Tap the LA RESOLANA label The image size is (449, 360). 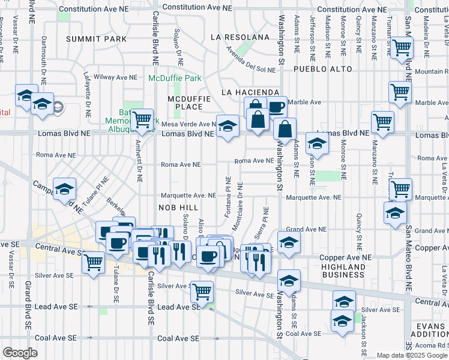coord(240,37)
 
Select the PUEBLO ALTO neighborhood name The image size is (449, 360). coord(321,70)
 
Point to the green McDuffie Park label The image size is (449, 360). coord(175,79)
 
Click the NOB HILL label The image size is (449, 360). coord(174,207)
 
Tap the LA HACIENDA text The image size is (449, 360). coord(250,92)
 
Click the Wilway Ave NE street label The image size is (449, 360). coord(114,77)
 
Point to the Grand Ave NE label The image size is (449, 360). coord(306,229)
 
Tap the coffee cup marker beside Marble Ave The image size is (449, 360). coord(276,107)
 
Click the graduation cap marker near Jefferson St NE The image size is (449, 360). coord(317,144)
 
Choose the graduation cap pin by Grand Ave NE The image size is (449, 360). coord(289,242)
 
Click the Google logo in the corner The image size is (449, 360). coord(20,353)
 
